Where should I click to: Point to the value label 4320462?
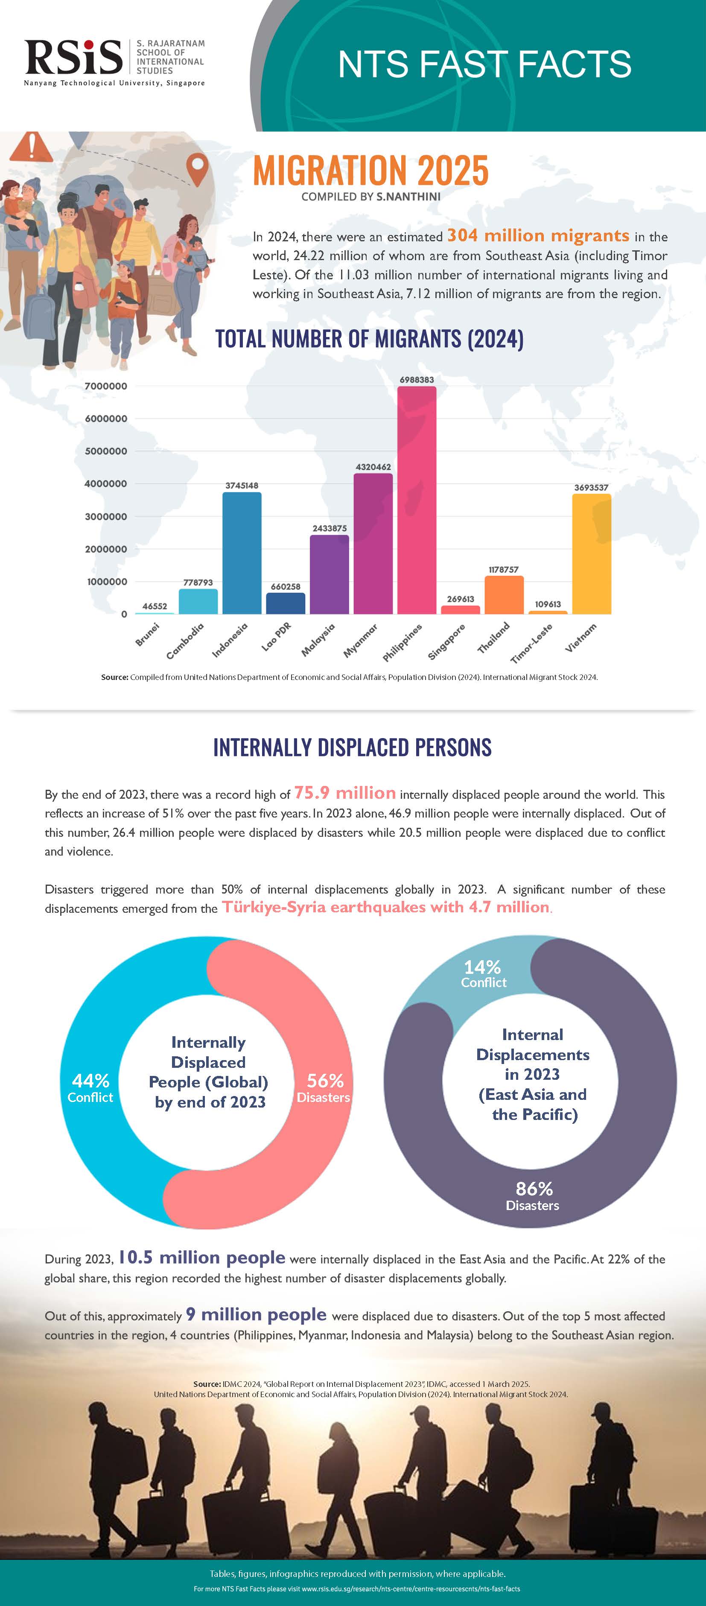(x=373, y=467)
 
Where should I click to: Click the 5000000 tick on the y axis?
(x=106, y=451)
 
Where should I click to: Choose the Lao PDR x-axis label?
(x=276, y=636)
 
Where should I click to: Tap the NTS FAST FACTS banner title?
(x=484, y=64)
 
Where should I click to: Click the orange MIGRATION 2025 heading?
(x=371, y=170)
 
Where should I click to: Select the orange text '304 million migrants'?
(x=538, y=236)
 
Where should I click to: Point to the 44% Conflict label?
(x=90, y=1088)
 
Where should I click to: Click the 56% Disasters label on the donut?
(x=324, y=1088)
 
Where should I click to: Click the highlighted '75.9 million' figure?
(x=344, y=793)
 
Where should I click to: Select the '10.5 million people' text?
(x=201, y=1257)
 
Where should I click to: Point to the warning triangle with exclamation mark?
(x=31, y=147)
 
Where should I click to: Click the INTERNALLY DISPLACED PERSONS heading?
(x=353, y=747)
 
